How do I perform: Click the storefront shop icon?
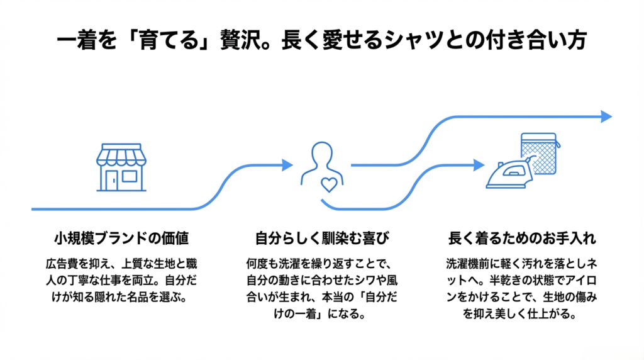coord(121,167)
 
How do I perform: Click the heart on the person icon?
coord(329,184)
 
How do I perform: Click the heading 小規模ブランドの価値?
coord(121,239)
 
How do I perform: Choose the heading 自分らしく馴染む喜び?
coord(322,239)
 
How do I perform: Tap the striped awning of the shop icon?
coord(121,155)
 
